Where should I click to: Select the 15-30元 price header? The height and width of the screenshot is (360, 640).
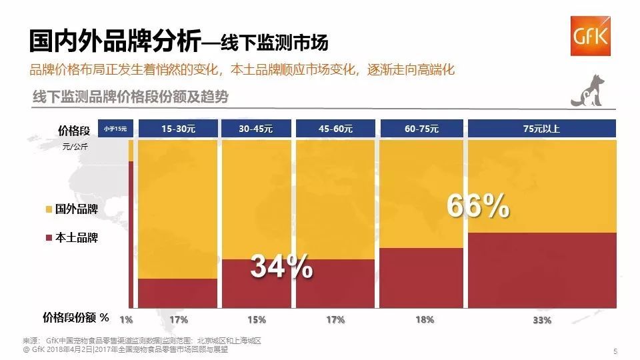click(178, 129)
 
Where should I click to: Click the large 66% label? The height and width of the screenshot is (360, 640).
click(477, 207)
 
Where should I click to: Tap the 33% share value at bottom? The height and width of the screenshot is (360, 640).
click(542, 320)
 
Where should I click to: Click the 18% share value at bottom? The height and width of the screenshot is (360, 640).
click(424, 319)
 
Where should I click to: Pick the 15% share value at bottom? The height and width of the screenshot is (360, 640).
click(256, 319)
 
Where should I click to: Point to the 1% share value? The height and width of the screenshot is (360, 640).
click(125, 319)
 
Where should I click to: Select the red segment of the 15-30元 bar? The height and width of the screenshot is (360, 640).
click(177, 293)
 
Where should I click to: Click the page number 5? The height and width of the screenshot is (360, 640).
click(615, 351)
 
